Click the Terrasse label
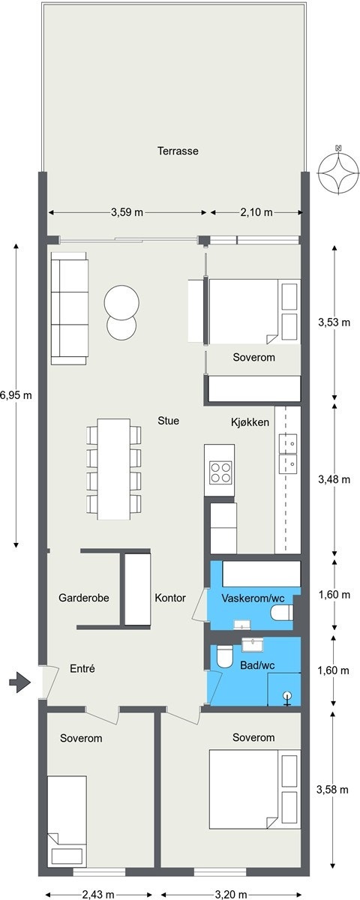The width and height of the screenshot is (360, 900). coord(178,151)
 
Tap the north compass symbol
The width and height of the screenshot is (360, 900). coord(338,171)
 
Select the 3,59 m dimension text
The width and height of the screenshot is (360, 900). coord(127,212)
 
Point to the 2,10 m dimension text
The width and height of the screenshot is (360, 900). coord(256,212)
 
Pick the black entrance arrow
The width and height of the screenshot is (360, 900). coord(19,682)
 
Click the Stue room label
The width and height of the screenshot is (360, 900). coord(168,421)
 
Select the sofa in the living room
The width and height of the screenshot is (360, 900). coord(70,308)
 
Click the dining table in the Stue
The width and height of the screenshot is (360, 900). coord(114,468)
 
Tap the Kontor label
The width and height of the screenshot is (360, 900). coord(170,598)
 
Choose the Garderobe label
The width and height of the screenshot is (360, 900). coord(84,598)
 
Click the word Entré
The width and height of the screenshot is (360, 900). coord(82,668)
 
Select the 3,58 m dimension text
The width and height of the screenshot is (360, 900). coord(333,789)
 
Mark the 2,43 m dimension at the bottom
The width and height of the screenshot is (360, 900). coord(100,894)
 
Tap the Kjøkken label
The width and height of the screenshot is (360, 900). coord(250,422)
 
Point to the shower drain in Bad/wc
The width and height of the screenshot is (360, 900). coord(286,696)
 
